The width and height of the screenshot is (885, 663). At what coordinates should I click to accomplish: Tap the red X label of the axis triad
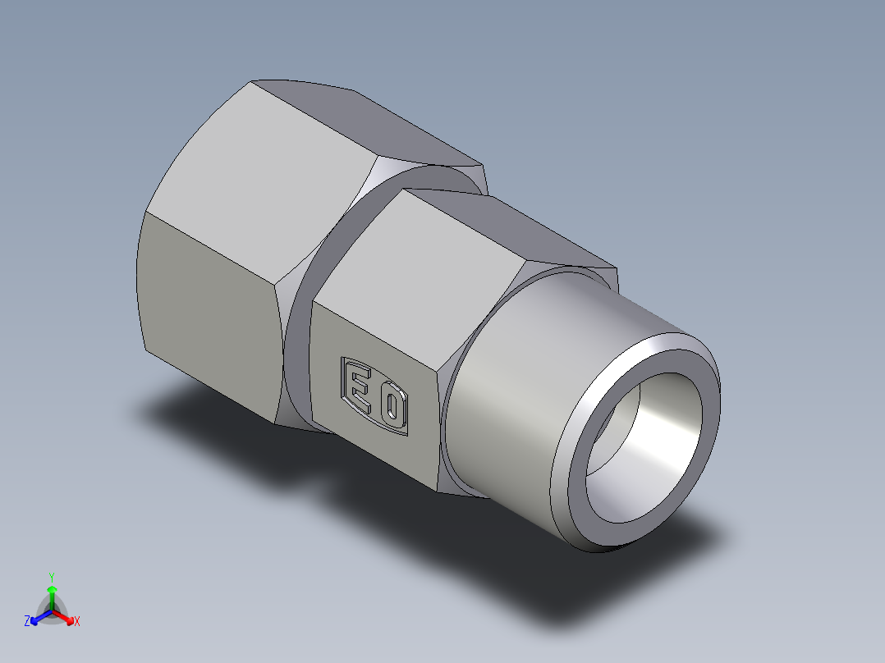pyautogui.click(x=77, y=622)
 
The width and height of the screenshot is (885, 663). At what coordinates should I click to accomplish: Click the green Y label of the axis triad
pyautogui.click(x=52, y=576)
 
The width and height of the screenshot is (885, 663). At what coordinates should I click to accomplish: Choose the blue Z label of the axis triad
pyautogui.click(x=27, y=622)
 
